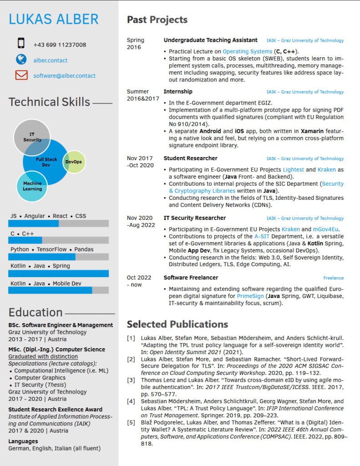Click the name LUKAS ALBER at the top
(54, 19)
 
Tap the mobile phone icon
(21, 43)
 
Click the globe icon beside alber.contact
(21, 59)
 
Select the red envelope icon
(21, 75)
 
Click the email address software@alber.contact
(64, 76)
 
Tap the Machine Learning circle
(32, 186)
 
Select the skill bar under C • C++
(58, 240)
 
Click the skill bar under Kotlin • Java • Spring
(58, 274)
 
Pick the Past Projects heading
(157, 20)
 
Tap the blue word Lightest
(293, 170)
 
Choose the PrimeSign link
(250, 296)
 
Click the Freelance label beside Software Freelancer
(333, 278)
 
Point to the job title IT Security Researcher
(195, 218)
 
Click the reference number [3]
(131, 380)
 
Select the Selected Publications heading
(177, 324)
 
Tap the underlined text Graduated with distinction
(43, 356)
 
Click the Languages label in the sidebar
(23, 441)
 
